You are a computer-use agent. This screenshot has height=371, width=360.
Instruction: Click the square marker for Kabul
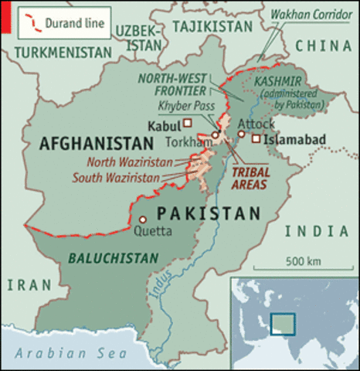point(188,124)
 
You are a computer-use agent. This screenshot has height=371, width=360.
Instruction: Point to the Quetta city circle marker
point(141,219)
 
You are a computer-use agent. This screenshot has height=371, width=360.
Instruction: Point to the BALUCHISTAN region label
point(113,257)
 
